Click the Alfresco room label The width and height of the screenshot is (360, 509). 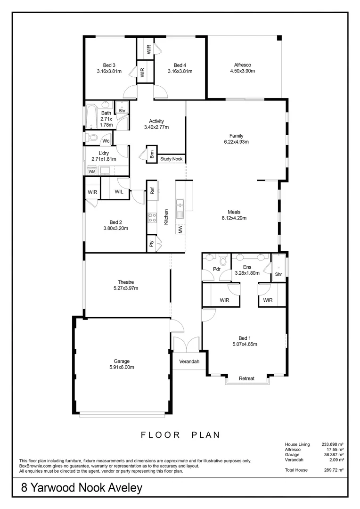pyautogui.click(x=242, y=65)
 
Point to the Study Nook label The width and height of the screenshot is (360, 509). pyautogui.click(x=172, y=159)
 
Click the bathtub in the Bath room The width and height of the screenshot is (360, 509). pyautogui.click(x=91, y=116)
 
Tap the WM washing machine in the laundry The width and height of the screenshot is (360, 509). pyautogui.click(x=92, y=172)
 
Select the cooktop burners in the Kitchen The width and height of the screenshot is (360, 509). pyautogui.click(x=153, y=217)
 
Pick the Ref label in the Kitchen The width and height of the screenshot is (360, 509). pyautogui.click(x=152, y=191)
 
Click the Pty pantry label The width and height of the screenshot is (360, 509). pyautogui.click(x=152, y=244)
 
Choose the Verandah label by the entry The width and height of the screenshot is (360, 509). pyautogui.click(x=188, y=362)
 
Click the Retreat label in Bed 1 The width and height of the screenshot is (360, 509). pyautogui.click(x=246, y=378)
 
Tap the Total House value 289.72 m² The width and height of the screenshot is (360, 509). pyautogui.click(x=333, y=470)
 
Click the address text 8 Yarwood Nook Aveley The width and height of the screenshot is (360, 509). pyautogui.click(x=82, y=488)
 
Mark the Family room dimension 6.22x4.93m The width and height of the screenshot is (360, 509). pyautogui.click(x=236, y=141)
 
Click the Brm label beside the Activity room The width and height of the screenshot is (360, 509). pyautogui.click(x=152, y=154)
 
